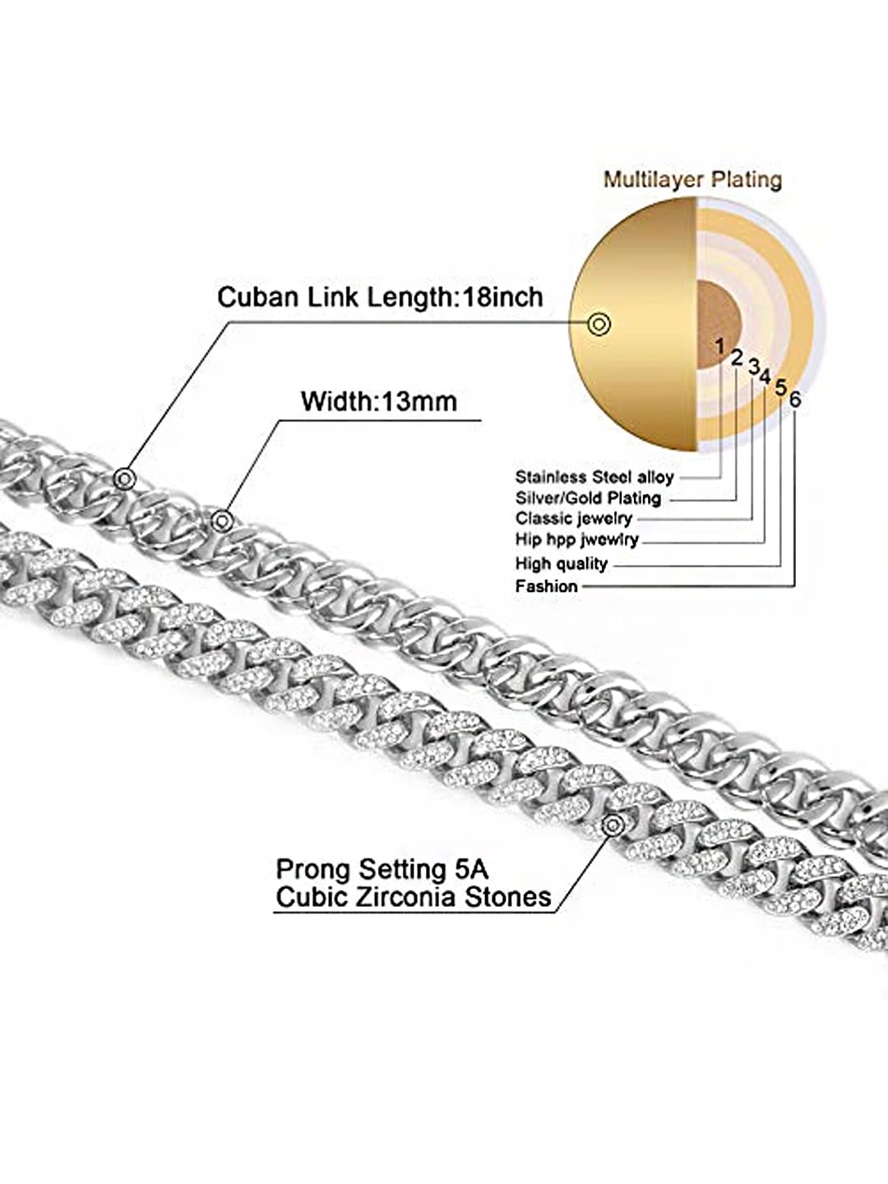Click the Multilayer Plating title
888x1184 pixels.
(692, 179)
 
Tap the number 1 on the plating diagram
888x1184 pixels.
(719, 347)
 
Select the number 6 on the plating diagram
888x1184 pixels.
(795, 400)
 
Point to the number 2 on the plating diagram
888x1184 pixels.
(737, 358)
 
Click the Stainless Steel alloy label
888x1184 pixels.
(594, 478)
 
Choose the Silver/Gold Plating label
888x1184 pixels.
(588, 498)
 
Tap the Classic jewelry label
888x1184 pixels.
(574, 518)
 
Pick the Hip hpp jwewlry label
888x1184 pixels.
(577, 539)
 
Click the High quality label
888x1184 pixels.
(562, 564)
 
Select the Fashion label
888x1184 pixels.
(546, 585)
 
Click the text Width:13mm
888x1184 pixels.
(378, 401)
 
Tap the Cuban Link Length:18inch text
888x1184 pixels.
(380, 297)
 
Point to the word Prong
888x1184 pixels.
(313, 871)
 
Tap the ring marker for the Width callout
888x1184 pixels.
(220, 520)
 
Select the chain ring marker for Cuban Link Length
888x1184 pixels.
(125, 479)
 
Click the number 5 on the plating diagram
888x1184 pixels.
(780, 386)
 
